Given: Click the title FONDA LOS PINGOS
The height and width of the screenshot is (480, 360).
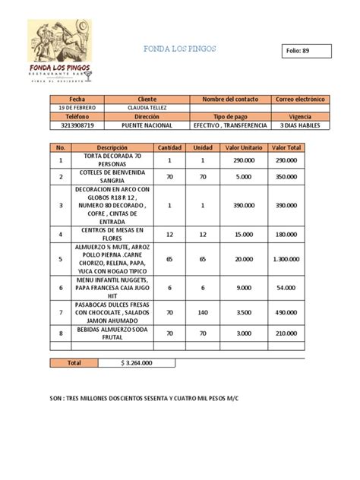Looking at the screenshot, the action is pos(179,49).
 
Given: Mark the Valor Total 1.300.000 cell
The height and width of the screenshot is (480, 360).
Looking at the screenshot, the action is pos(286,259).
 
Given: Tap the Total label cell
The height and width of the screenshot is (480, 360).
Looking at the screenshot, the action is pos(74,363).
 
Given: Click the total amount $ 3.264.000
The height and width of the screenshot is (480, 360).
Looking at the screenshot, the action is pos(136,363).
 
